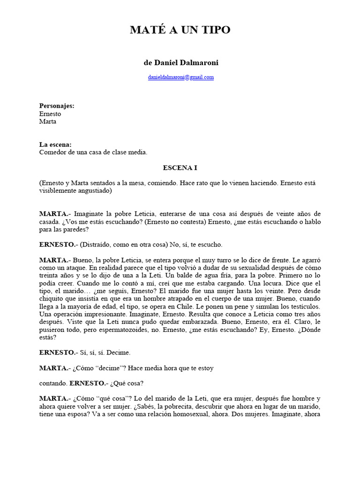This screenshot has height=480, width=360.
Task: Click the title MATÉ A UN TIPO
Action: tap(180, 30)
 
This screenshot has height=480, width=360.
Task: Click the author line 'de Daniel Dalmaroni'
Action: tap(180, 62)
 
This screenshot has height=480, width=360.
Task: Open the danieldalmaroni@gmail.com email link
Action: tap(180, 77)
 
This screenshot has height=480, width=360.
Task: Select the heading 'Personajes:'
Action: tap(57, 106)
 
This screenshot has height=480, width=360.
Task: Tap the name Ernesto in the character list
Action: tap(50, 114)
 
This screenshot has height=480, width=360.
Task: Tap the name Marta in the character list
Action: tap(48, 121)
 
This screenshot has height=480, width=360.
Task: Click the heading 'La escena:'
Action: tap(55, 144)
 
